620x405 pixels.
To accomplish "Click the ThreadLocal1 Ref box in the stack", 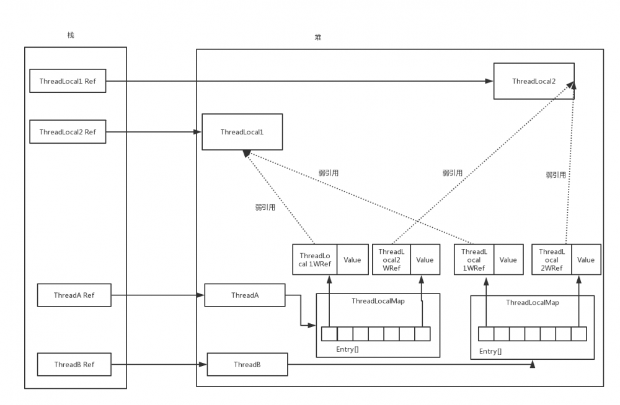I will pos(68,81).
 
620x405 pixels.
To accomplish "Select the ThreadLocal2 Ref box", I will pos(68,132).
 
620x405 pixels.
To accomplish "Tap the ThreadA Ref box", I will pos(74,295).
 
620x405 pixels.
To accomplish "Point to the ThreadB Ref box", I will pos(74,365).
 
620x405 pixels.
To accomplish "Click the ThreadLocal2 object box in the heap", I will pos(533,81).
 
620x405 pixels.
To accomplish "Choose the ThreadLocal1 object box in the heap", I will pos(242,132).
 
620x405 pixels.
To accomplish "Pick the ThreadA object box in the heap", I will pos(244,295).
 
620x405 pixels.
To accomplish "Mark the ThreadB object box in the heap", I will pos(247,365).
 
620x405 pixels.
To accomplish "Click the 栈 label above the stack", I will pos(71,35).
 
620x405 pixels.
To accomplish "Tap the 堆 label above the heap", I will pos(318,38).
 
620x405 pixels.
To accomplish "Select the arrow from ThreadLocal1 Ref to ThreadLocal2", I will pos(298,81).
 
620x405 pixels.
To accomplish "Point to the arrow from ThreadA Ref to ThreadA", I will pos(157,295).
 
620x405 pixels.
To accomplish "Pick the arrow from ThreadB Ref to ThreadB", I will pos(159,365).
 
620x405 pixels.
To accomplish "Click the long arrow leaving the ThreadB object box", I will pos(409,365).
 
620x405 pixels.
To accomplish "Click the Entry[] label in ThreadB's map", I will pos(490,351).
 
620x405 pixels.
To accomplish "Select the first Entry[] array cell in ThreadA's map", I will pos(329,334).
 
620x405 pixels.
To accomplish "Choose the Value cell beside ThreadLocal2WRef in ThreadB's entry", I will pos(585,260).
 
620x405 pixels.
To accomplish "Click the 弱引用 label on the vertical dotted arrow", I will pos(556,175).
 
